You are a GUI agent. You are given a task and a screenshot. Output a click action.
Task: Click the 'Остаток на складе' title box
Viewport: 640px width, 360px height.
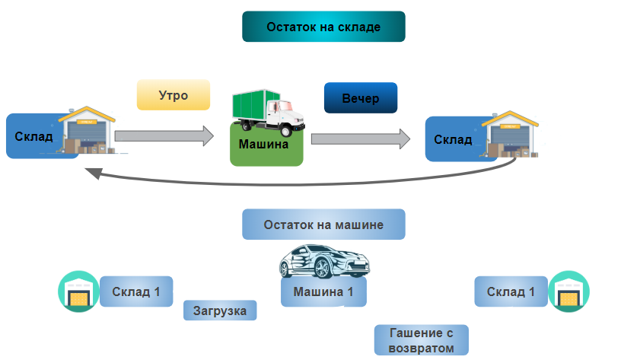[x=323, y=27]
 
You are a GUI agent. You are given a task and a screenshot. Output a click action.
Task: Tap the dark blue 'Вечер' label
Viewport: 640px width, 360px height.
[x=360, y=98]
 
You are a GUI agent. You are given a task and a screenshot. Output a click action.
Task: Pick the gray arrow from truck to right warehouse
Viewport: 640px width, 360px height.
[x=360, y=139]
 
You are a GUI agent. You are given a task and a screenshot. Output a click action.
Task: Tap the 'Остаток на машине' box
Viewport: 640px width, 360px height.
[x=323, y=225]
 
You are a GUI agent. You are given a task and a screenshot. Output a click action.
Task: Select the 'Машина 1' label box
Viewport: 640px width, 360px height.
[x=323, y=292]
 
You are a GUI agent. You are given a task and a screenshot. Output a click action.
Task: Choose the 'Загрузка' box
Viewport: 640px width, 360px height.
[x=220, y=311]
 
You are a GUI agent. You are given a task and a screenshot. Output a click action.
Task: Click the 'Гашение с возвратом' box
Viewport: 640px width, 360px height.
[x=421, y=340]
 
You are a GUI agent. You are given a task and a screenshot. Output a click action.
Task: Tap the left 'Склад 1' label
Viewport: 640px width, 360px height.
[x=136, y=292]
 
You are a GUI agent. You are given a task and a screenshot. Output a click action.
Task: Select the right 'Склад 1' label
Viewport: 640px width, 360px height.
[x=511, y=292]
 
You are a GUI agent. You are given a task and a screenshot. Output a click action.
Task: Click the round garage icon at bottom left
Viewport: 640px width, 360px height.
[x=78, y=292]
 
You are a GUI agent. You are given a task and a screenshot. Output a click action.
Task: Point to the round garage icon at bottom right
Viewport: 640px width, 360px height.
[x=569, y=292]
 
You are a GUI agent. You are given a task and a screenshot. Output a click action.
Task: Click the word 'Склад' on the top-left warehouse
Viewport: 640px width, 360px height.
[x=33, y=137]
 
